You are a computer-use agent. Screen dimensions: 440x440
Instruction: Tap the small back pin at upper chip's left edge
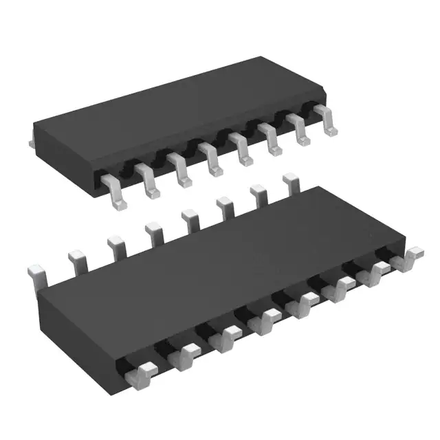32,142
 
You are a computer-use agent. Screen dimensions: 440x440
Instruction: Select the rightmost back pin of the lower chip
291,183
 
